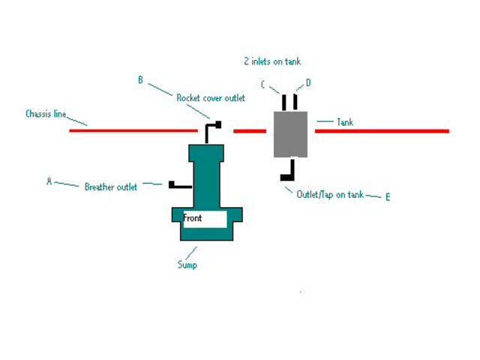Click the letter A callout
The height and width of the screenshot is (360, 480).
[49, 181]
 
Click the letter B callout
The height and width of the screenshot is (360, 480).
[140, 79]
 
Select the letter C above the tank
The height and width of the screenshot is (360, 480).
[263, 85]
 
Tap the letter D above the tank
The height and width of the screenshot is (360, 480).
[308, 82]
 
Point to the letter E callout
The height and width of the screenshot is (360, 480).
[388, 197]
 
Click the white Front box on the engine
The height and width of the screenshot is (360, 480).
[205, 219]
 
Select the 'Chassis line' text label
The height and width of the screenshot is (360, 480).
[46, 115]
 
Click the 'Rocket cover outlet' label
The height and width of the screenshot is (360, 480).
[211, 98]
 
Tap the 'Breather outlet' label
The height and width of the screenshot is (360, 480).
[110, 187]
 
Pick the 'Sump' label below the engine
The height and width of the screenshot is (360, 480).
[187, 264]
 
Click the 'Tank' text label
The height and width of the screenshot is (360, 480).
[345, 121]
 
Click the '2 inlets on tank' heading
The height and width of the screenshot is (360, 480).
[272, 61]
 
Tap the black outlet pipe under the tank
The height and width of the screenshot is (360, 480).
[287, 172]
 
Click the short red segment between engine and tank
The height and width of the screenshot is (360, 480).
[250, 131]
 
